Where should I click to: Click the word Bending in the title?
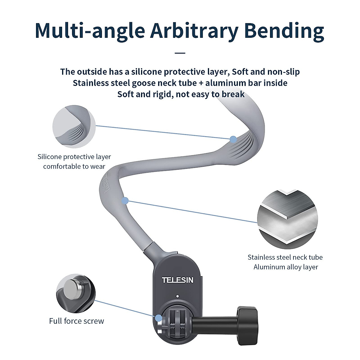pyautogui.click(x=284, y=31)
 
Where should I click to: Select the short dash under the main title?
pyautogui.click(x=180, y=53)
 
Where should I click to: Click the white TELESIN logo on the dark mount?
pyautogui.click(x=178, y=280)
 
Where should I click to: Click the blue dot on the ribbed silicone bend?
pyautogui.click(x=233, y=139)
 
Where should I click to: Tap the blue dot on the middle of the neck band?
pyautogui.click(x=125, y=201)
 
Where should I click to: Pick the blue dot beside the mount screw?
pyautogui.click(x=158, y=318)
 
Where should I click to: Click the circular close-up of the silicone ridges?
pyautogui.click(x=74, y=127)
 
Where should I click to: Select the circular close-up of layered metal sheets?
pyautogui.click(x=287, y=219)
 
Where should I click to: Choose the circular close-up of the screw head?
pyautogui.click(x=76, y=293)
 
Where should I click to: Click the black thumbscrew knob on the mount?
pyautogui.click(x=247, y=326)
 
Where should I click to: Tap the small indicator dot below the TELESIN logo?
pyautogui.click(x=178, y=296)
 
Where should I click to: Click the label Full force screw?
pyautogui.click(x=76, y=321)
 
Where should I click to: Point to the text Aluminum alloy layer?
pyautogui.click(x=286, y=267)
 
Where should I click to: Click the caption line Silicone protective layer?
pyautogui.click(x=74, y=157)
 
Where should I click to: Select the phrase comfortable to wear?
pyautogui.click(x=74, y=166)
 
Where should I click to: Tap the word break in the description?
pyautogui.click(x=233, y=94)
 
